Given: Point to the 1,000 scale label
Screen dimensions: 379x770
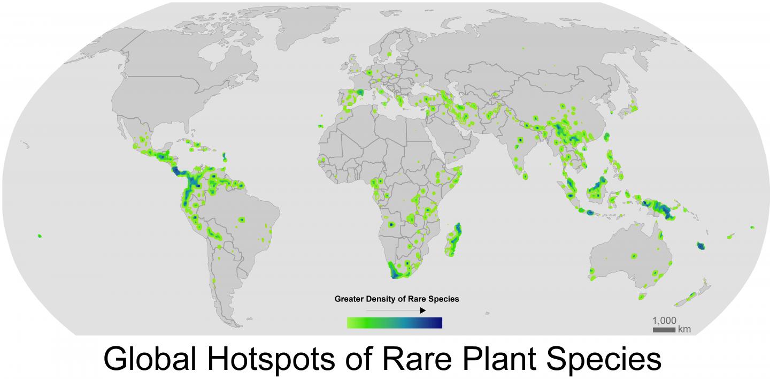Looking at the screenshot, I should point(664,320).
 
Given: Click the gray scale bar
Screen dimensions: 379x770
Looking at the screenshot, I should point(664,330).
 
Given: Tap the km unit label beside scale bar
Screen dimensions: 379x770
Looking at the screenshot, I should point(684,330).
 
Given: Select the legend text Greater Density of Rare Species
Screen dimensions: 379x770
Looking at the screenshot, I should point(396,299).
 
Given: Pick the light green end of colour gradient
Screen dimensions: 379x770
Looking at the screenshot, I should point(352,323).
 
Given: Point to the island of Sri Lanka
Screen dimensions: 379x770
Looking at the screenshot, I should point(525,176).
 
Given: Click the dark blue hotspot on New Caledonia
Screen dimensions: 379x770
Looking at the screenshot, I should point(701,246).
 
